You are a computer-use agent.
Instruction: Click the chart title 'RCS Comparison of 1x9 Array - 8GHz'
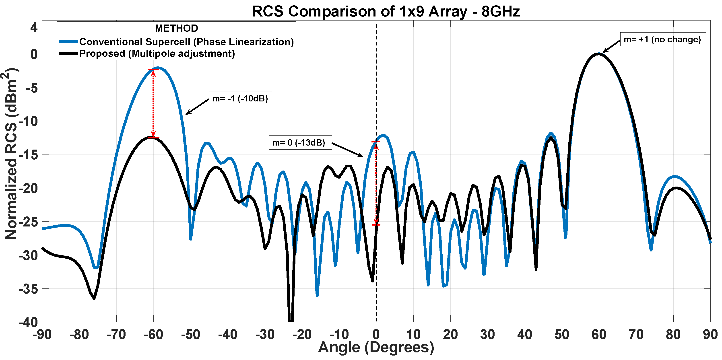click(386, 12)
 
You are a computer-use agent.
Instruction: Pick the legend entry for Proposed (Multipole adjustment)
click(157, 53)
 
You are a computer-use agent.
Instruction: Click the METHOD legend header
click(176, 28)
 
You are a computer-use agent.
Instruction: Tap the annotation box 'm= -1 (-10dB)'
click(240, 98)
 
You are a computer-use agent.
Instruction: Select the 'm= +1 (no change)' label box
click(663, 39)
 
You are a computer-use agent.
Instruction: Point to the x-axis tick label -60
click(153, 335)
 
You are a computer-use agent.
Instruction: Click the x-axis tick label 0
click(376, 335)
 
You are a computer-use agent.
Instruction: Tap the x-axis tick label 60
click(599, 335)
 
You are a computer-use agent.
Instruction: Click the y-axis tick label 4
click(34, 27)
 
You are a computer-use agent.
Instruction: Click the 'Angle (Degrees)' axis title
click(376, 347)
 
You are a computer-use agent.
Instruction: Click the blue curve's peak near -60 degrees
click(158, 68)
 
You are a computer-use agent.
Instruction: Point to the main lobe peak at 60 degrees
click(599, 53)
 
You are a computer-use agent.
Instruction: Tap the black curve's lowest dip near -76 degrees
click(94, 298)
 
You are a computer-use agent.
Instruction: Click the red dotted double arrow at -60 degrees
click(153, 104)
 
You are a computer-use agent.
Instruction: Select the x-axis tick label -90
click(42, 335)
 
